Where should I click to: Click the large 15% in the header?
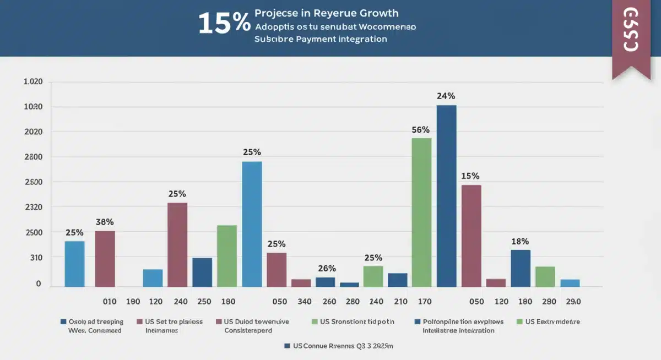224,23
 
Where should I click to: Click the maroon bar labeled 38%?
105,259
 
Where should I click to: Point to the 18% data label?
520,241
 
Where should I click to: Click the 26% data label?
327,269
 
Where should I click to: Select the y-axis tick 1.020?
33,82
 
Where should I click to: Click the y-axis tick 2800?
33,157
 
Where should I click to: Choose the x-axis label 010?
110,302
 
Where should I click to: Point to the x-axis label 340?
305,302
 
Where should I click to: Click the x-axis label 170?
425,302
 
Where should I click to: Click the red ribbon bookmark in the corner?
631,36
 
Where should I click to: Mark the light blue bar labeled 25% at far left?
75,264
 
